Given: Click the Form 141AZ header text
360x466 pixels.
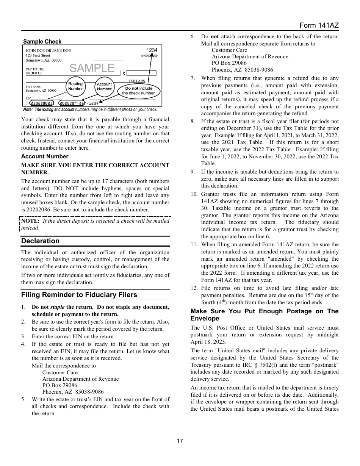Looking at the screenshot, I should tap(319, 25).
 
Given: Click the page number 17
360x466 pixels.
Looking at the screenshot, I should tap(180, 441).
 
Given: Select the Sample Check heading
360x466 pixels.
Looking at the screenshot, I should tap(42, 42).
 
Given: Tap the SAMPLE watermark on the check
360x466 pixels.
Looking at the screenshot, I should tap(92, 68).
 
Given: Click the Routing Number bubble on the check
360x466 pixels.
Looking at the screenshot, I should tap(75, 86).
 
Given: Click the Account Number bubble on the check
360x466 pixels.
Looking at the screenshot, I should tap(104, 86).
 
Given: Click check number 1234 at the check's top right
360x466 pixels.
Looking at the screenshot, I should tap(152, 50).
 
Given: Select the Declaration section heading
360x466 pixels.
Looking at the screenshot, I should tap(40, 241).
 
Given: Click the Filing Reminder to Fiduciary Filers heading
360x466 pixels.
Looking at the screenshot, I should tap(79, 295).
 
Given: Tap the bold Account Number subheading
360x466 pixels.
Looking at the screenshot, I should tap(45, 156).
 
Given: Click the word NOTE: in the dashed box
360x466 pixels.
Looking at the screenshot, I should tap(30, 221).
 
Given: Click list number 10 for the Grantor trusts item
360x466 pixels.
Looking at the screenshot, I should tap(194, 194).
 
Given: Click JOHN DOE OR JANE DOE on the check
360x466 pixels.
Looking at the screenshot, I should tap(48, 51).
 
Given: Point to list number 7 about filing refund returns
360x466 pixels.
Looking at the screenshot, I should tap(193, 78).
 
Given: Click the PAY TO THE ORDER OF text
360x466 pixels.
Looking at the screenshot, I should tap(35, 71).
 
